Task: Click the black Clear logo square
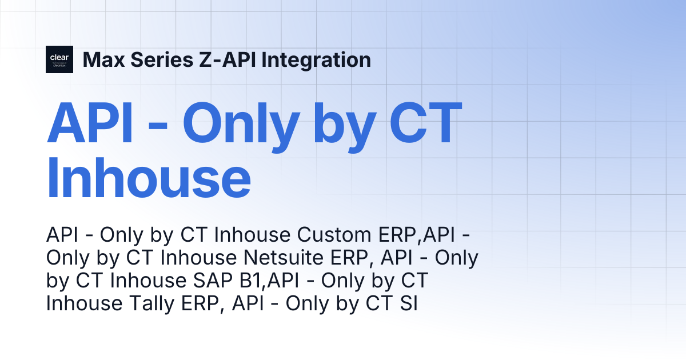[x=59, y=59]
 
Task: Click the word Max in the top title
[x=104, y=59]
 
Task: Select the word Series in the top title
[x=162, y=59]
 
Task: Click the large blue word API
[x=90, y=123]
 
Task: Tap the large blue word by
[x=345, y=127]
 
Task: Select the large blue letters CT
[x=425, y=123]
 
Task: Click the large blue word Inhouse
[x=149, y=178]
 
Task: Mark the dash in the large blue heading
[x=158, y=126]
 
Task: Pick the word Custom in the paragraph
[x=334, y=235]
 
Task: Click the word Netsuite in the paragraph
[x=283, y=258]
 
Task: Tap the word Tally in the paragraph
[x=151, y=303]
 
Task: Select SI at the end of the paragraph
[x=409, y=303]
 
